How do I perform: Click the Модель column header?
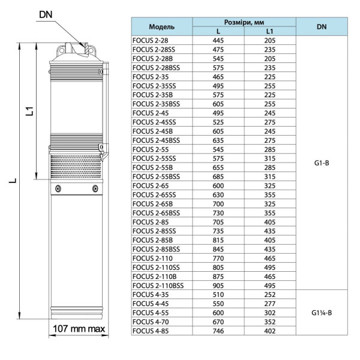161,27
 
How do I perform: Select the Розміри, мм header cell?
244,22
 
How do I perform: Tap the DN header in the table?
322,26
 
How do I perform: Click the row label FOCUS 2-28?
150,40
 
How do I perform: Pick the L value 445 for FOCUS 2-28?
218,40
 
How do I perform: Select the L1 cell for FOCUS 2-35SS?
270,86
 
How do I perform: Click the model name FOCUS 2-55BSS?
156,176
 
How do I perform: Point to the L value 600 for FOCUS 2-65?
218,186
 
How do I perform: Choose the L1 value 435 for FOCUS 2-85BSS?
270,250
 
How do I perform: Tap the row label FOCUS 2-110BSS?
158,286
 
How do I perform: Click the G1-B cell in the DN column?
322,163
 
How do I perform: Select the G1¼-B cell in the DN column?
322,313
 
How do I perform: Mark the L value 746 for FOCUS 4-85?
218,331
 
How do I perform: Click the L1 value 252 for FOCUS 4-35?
270,295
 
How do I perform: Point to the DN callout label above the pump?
46,14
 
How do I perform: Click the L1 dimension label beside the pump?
30,112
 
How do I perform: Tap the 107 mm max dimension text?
79,329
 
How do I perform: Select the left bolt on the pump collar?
58,189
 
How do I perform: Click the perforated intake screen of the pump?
76,166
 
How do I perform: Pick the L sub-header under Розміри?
218,31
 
